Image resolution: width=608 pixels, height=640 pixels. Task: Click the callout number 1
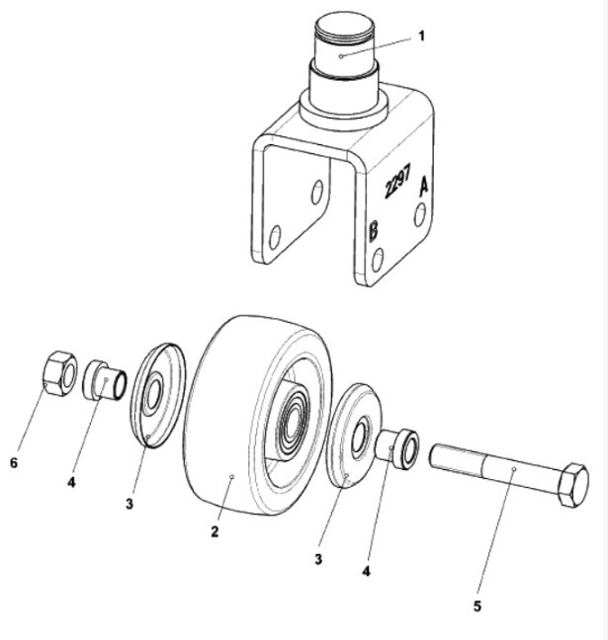(x=422, y=37)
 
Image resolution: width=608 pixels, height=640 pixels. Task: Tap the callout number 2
(x=215, y=531)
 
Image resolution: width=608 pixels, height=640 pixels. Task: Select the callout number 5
(x=478, y=606)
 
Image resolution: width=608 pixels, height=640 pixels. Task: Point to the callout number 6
(x=14, y=463)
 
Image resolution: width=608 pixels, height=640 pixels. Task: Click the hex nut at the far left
(x=59, y=372)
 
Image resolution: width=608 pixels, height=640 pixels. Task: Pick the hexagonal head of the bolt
(x=572, y=485)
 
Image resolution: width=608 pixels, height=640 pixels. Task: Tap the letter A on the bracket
(x=424, y=186)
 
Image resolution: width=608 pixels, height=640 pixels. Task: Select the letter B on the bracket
(x=373, y=231)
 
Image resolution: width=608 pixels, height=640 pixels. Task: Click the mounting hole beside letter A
(x=419, y=214)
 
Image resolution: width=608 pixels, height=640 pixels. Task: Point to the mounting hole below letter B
(x=378, y=260)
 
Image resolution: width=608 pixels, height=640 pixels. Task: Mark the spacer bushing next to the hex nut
(x=105, y=380)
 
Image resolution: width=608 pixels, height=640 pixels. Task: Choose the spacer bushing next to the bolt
(x=397, y=448)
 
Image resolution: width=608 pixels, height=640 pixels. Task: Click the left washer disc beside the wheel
(x=159, y=395)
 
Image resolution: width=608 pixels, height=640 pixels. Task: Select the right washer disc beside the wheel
(x=354, y=436)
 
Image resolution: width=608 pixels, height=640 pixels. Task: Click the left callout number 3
(x=130, y=504)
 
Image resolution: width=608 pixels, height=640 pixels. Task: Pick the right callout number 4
(x=367, y=572)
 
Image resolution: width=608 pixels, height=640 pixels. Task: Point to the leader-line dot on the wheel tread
(x=231, y=476)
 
